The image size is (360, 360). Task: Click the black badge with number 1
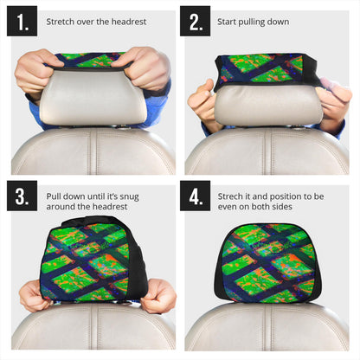coord(22,22)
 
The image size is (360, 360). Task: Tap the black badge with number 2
coord(196,22)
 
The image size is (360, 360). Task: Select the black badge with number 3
coord(22,196)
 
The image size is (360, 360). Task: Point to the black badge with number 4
coord(196,196)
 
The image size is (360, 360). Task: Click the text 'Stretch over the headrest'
coord(97,21)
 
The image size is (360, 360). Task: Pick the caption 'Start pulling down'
coord(253,21)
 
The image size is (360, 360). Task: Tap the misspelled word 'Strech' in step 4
coord(232,196)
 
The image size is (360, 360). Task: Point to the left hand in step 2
coord(204,102)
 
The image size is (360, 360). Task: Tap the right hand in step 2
coord(334,102)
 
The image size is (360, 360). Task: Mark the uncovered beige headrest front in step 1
coord(93,98)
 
